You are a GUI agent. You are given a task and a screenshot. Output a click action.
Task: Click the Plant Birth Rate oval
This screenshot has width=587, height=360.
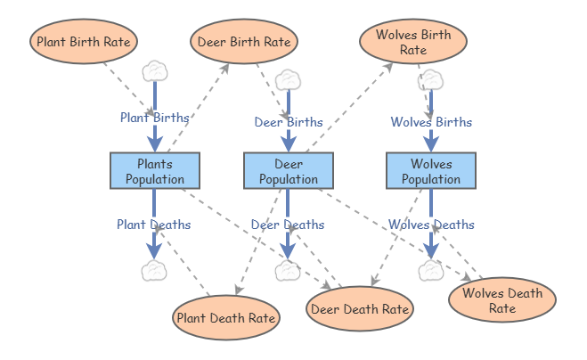[84, 41]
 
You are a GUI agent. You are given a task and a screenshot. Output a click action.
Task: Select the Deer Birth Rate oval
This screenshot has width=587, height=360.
[244, 41]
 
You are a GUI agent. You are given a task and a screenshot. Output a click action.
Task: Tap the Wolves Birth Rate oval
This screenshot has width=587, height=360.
[413, 41]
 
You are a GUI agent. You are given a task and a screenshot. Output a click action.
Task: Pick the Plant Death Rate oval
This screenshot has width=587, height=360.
[226, 317]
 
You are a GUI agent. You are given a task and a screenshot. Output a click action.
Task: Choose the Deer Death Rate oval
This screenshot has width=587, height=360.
[360, 308]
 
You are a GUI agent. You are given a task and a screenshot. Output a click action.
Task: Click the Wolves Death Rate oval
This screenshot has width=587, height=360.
[502, 299]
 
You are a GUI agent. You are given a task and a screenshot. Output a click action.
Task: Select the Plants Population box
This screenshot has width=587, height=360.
[155, 171]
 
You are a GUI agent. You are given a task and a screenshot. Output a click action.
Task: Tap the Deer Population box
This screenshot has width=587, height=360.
[289, 171]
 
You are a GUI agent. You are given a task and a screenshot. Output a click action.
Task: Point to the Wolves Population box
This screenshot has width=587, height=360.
[431, 171]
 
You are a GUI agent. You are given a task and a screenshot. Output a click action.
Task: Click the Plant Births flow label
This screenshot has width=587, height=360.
[155, 118]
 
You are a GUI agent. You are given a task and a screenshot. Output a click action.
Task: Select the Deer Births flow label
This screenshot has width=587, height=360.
[289, 122]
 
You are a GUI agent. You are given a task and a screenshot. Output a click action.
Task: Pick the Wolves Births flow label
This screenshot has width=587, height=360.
[431, 122]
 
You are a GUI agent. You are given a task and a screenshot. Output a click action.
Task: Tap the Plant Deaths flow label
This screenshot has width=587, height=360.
[154, 225]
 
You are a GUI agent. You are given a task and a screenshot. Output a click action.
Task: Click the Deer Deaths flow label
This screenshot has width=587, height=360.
[288, 225]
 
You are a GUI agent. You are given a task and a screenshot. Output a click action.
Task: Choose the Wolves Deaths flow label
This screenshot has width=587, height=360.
[431, 225]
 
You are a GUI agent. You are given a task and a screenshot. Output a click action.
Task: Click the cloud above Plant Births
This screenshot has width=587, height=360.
[155, 71]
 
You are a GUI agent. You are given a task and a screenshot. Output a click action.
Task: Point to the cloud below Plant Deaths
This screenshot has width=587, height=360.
[154, 271]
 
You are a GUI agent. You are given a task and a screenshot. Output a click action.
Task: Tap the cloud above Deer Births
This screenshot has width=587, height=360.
[289, 80]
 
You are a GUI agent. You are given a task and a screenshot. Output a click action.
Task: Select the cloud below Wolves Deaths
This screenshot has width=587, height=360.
[431, 271]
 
